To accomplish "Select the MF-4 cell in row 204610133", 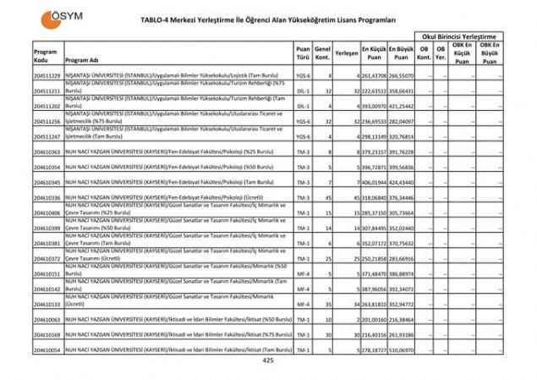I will coord(303,304).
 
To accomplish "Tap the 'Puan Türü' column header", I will coord(303,52).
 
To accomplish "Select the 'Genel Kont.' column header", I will coord(322,52).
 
